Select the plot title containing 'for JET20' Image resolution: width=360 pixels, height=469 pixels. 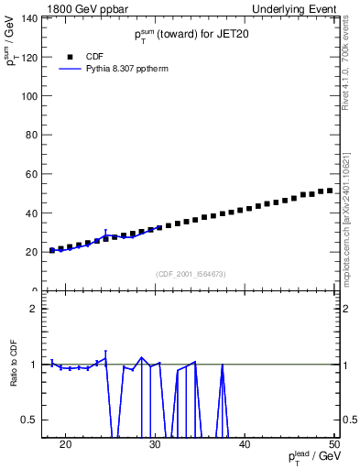(191, 35)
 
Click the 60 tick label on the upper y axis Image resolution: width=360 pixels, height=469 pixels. (29, 174)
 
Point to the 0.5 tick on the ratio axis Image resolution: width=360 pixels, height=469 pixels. (28, 420)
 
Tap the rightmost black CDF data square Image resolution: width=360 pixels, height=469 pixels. (329, 191)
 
